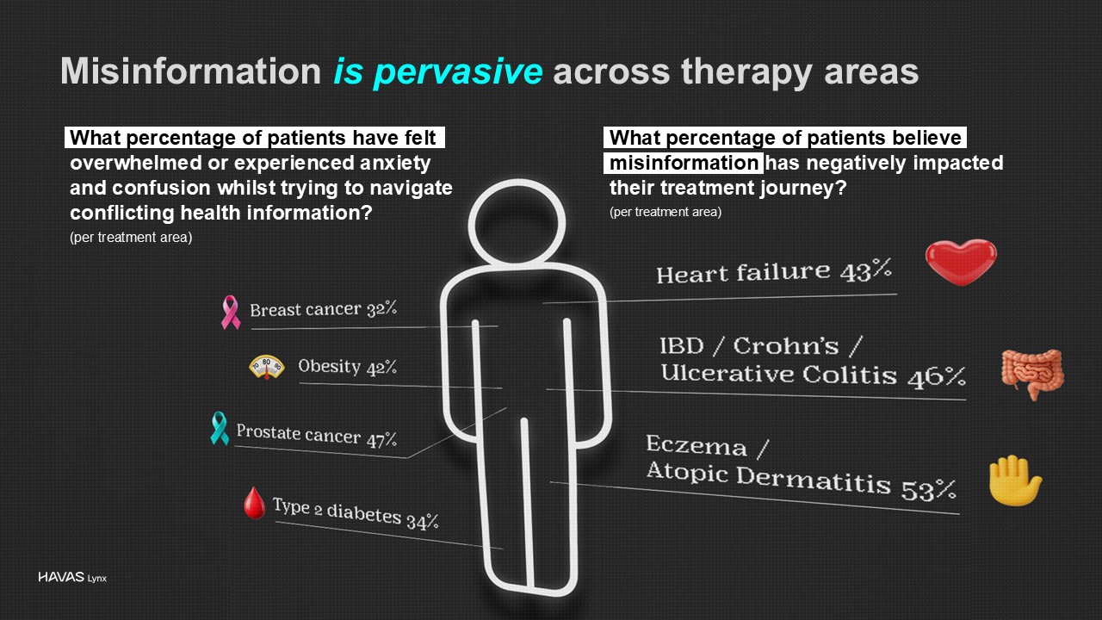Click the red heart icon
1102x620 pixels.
point(960,262)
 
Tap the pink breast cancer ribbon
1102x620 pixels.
point(230,312)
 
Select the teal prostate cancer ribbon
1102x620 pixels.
point(220,428)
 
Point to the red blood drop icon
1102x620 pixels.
point(254,503)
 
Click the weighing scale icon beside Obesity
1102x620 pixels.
point(267,367)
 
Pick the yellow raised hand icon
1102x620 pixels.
point(1014,480)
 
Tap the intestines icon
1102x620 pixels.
point(1032,374)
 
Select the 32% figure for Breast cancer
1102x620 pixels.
point(381,308)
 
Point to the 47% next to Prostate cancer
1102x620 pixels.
point(381,439)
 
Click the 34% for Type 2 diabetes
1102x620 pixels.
point(422,521)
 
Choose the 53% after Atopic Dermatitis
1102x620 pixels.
point(928,489)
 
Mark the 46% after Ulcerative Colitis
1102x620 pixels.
point(937,377)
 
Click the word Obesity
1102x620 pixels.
point(330,367)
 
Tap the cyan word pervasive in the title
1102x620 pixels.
point(457,72)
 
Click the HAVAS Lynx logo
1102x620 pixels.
point(72,577)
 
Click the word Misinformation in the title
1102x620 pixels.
point(191,71)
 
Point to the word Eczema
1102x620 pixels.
point(696,445)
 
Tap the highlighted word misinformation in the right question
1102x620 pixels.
point(684,163)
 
